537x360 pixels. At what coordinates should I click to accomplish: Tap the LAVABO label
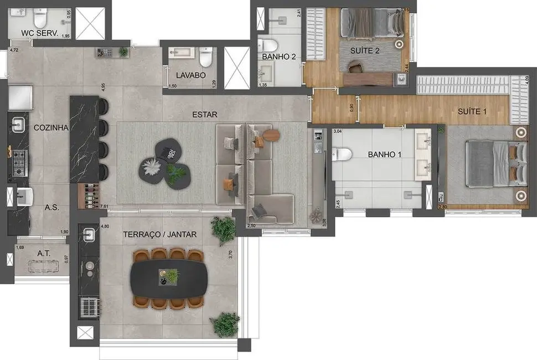(191, 75)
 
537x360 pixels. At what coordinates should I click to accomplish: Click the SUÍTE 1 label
(472, 111)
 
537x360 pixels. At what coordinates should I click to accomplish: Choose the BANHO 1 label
(385, 154)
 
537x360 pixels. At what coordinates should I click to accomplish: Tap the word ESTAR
(205, 115)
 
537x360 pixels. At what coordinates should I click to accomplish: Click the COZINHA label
(50, 127)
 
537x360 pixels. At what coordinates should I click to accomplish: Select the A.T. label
(44, 253)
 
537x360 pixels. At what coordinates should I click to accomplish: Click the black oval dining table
(169, 279)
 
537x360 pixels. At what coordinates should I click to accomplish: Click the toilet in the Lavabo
(205, 56)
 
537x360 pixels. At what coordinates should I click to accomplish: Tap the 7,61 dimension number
(104, 207)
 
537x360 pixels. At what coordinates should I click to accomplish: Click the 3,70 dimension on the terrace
(230, 255)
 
